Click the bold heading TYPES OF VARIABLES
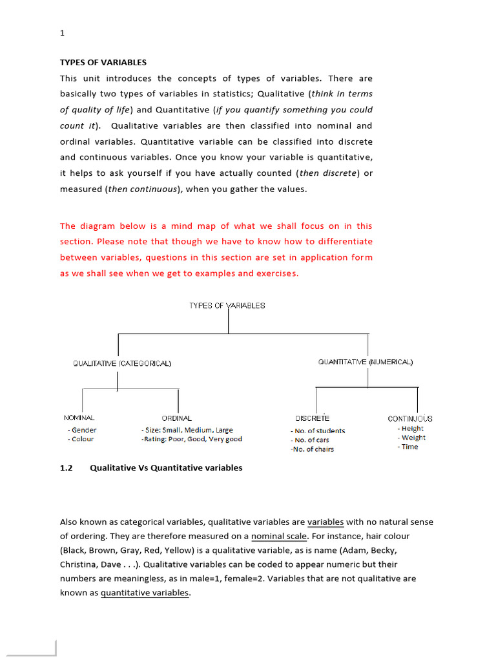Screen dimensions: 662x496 (103, 63)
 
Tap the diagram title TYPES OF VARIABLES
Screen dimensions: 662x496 (227, 305)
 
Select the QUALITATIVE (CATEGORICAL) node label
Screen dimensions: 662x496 (122, 363)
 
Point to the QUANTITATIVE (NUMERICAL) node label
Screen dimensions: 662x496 (365, 362)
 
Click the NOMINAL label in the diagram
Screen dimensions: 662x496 (79, 418)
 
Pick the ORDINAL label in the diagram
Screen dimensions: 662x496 (176, 418)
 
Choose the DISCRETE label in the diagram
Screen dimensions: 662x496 (312, 418)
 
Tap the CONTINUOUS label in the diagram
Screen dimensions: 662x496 (410, 418)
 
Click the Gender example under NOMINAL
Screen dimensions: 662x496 (83, 430)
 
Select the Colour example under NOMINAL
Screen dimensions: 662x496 (81, 439)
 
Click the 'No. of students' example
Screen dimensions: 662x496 (318, 431)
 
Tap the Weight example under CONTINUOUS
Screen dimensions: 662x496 (413, 438)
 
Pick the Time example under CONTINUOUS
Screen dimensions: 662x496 (409, 447)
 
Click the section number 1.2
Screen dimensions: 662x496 (67, 467)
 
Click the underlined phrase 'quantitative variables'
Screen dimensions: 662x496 (145, 593)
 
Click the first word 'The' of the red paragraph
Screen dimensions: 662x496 (68, 226)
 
